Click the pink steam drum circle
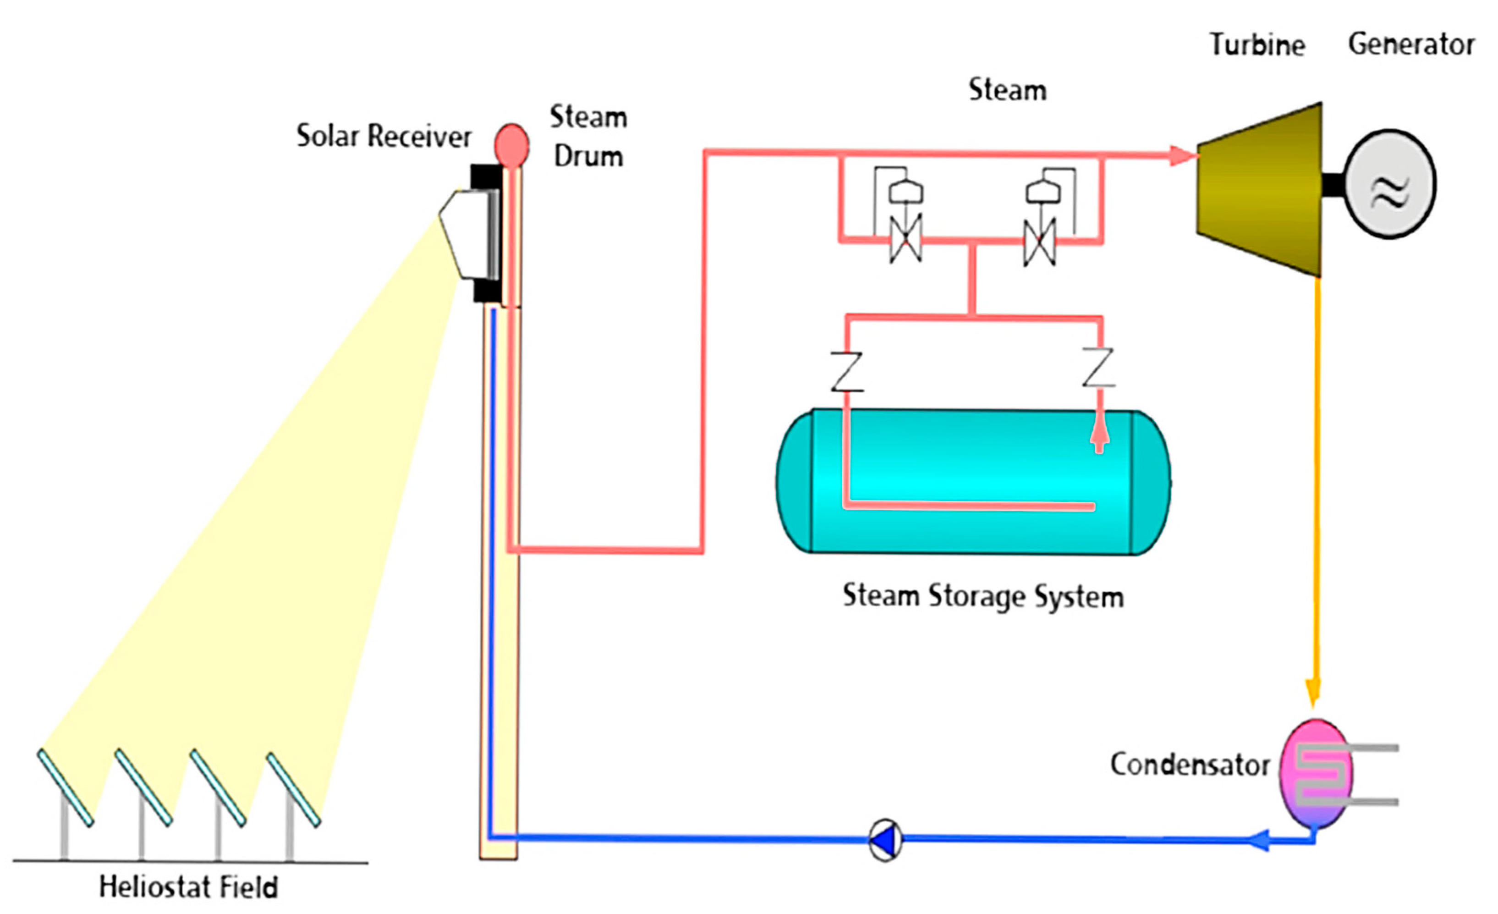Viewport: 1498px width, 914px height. tap(511, 145)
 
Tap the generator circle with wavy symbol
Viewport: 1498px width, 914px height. tap(1390, 184)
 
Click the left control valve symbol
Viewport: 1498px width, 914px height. tap(905, 238)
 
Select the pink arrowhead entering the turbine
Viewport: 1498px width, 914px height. tap(1182, 156)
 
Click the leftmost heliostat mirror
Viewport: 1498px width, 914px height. tap(65, 788)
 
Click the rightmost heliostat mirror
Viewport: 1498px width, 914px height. tap(293, 790)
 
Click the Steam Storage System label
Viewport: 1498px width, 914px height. tap(982, 596)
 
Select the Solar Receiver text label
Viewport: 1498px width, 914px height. tap(384, 136)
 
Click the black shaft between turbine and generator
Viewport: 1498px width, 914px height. tap(1333, 185)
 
